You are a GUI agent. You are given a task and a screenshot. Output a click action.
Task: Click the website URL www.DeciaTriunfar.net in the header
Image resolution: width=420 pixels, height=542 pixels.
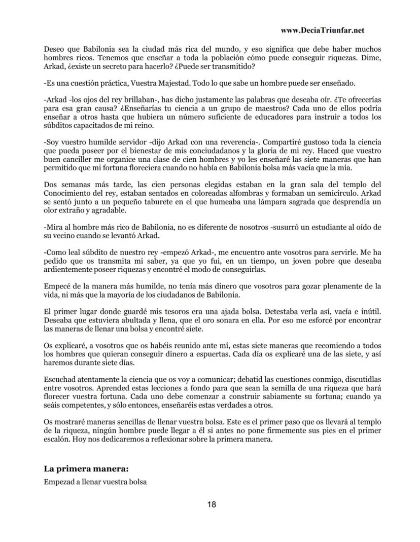322,30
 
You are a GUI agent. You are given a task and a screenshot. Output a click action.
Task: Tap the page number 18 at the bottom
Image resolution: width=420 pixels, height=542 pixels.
212,504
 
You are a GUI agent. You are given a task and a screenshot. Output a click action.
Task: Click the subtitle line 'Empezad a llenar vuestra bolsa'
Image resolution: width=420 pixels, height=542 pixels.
95,482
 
